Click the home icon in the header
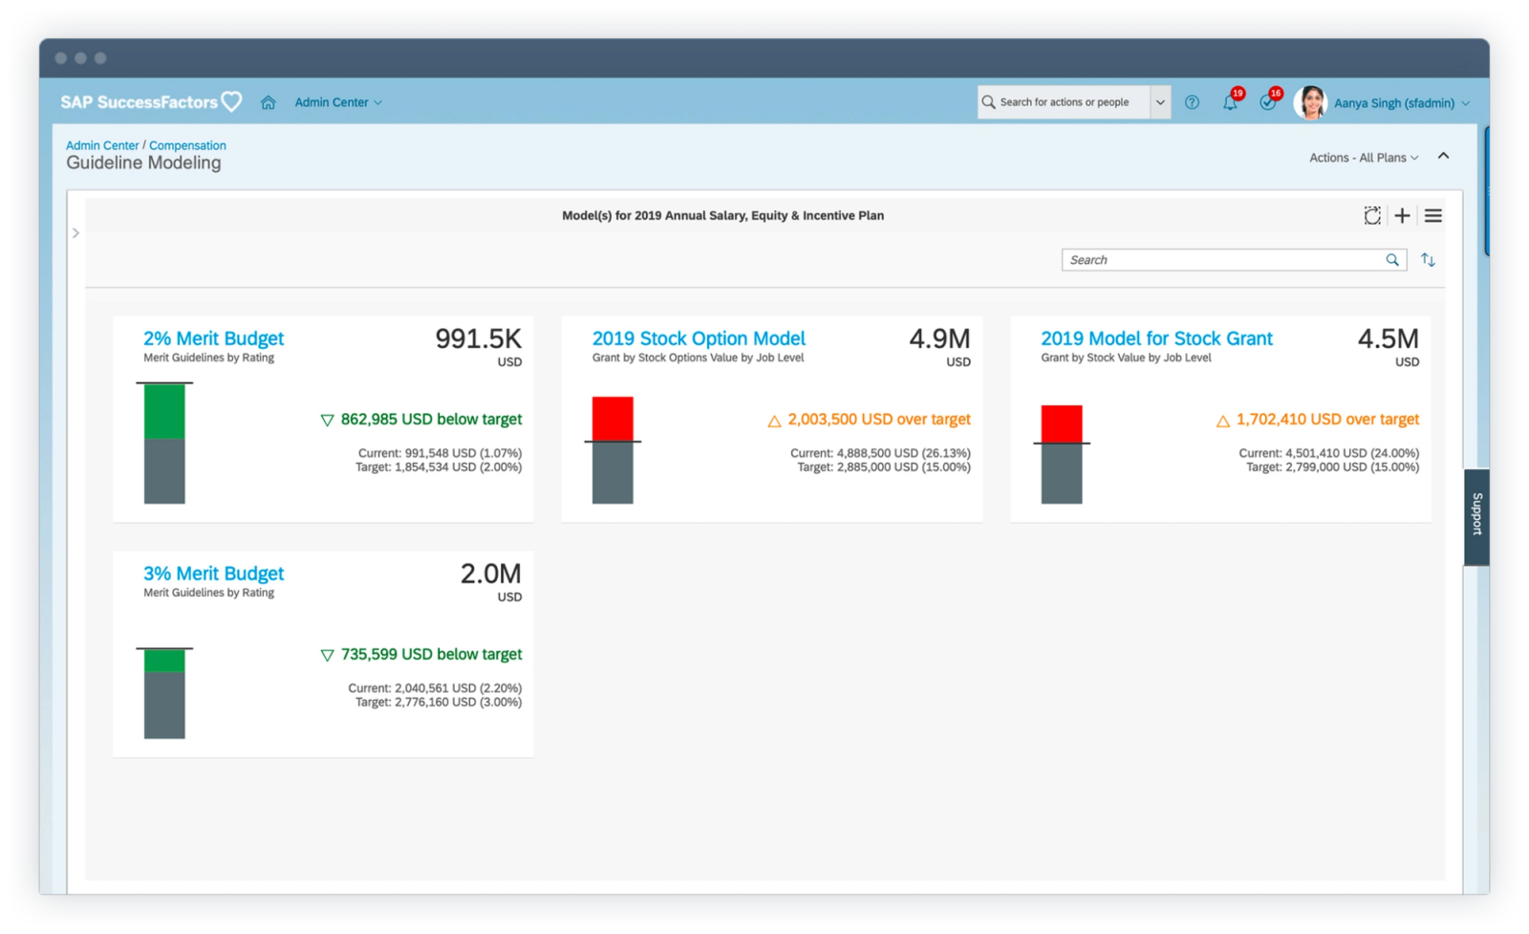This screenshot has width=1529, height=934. tap(269, 102)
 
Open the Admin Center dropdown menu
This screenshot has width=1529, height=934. tap(338, 102)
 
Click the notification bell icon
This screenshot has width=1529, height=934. tap(1230, 102)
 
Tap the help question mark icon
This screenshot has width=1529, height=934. tap(1192, 102)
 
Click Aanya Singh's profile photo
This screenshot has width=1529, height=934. tap(1310, 102)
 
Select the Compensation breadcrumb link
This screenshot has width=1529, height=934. tap(187, 145)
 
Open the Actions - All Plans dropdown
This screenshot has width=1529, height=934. tap(1364, 158)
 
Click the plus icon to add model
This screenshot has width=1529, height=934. tap(1402, 216)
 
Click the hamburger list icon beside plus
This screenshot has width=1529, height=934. tap(1433, 216)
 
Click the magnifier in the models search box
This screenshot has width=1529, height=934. tap(1392, 260)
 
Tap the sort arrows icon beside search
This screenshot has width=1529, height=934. tap(1428, 260)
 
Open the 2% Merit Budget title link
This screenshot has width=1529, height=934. tap(213, 338)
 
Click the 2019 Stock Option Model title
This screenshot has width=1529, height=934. tap(699, 338)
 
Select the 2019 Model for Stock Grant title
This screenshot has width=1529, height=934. tap(1156, 338)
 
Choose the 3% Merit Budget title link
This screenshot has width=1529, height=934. tap(213, 574)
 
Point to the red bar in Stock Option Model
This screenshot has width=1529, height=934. tap(613, 419)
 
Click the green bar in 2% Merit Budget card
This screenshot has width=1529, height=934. tap(164, 411)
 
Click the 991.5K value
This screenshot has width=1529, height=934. tap(478, 338)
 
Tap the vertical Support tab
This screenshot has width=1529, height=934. tap(1476, 515)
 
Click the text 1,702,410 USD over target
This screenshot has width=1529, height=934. tap(1326, 420)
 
